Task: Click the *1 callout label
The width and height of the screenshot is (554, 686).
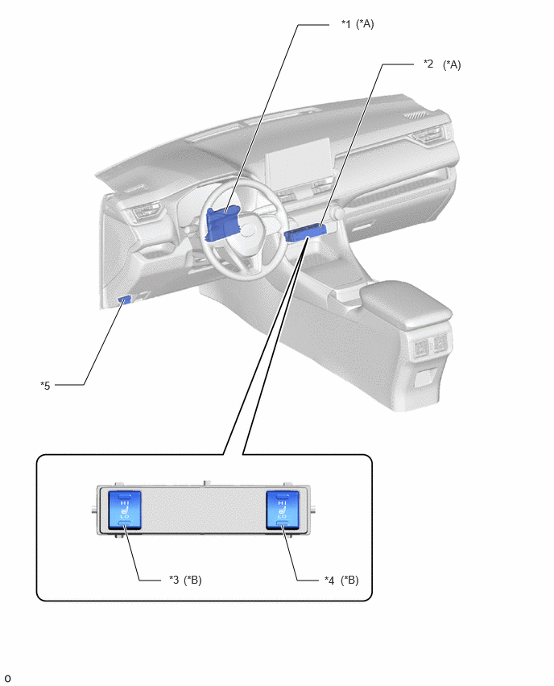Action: [x=345, y=24]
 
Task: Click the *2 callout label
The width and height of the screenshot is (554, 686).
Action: [x=428, y=64]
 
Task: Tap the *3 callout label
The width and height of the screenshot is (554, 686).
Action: [x=174, y=581]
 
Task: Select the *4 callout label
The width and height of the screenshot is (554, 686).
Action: [x=329, y=581]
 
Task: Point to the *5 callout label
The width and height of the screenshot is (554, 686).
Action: [x=45, y=386]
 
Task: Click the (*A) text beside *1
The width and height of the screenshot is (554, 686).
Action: [x=365, y=24]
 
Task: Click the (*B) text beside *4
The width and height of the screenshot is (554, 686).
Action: [x=349, y=581]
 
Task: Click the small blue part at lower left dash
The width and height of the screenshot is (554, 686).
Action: [x=124, y=300]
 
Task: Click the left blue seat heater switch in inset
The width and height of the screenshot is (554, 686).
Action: [x=124, y=510]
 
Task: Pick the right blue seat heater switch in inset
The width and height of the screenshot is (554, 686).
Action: [x=283, y=510]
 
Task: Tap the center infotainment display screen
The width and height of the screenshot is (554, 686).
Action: [x=299, y=163]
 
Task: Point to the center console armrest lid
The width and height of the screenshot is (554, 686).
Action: [x=405, y=303]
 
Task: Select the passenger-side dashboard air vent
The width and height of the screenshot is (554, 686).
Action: [x=430, y=135]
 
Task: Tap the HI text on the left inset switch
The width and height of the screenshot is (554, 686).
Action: [x=125, y=503]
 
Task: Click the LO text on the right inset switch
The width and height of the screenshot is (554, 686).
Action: [x=283, y=517]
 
